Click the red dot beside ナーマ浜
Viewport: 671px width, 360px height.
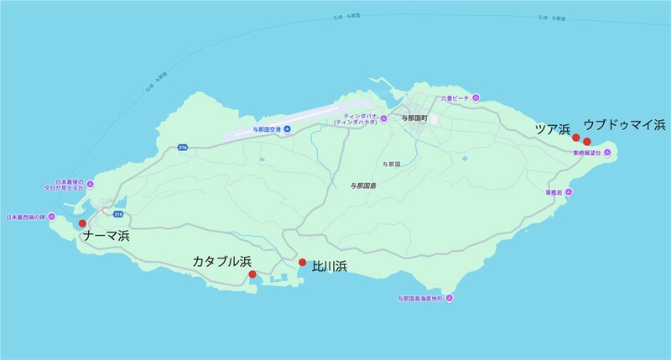pos(82,223)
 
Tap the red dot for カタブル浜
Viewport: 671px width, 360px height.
pos(252,274)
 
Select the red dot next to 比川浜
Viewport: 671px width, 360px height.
pos(302,263)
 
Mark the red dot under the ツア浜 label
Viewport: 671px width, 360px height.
pos(576,138)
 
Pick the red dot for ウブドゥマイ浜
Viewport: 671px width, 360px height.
pos(587,141)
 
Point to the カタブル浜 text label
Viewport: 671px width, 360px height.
pos(222,262)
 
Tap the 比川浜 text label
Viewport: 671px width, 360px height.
pos(330,267)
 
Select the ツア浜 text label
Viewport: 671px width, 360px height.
pos(554,128)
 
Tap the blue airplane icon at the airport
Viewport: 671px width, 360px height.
pos(287,128)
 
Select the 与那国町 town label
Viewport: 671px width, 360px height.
pos(415,119)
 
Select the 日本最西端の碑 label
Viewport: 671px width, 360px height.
pos(27,217)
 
